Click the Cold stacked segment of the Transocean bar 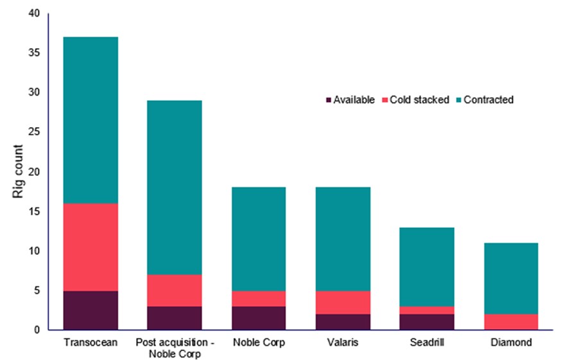(x=90, y=247)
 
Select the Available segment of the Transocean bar (x=90, y=311)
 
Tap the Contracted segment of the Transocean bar (x=90, y=120)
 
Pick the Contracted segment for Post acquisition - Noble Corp (x=173, y=187)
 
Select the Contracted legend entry (x=487, y=100)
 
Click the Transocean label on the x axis (x=90, y=343)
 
